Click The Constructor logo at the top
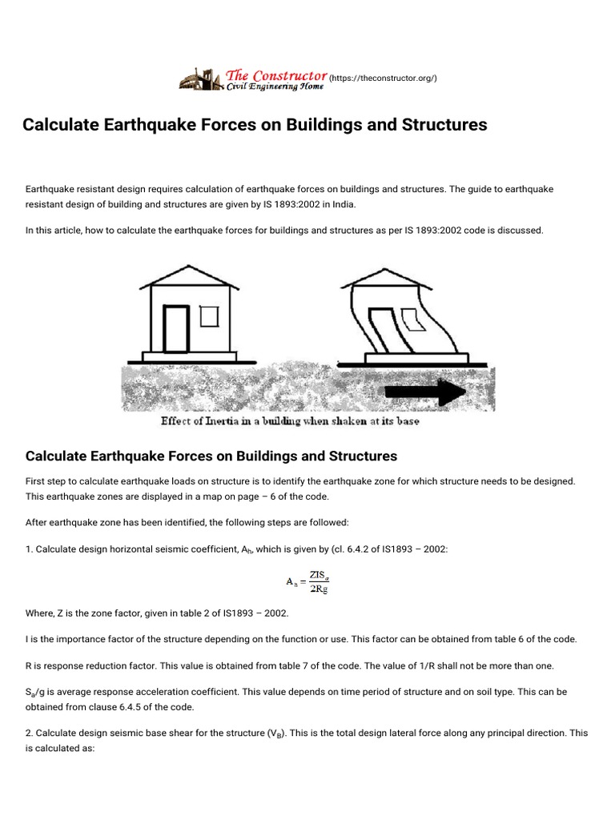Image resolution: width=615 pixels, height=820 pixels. tap(253, 77)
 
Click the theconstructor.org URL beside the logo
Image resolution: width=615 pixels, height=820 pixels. tap(383, 78)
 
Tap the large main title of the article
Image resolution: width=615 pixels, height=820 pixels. tap(255, 125)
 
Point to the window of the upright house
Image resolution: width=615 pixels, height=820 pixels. tap(209, 316)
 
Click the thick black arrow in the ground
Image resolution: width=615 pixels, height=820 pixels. tap(424, 392)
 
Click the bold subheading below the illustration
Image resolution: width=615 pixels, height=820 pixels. tap(211, 456)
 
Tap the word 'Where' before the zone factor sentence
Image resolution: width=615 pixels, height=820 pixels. tap(40, 613)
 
